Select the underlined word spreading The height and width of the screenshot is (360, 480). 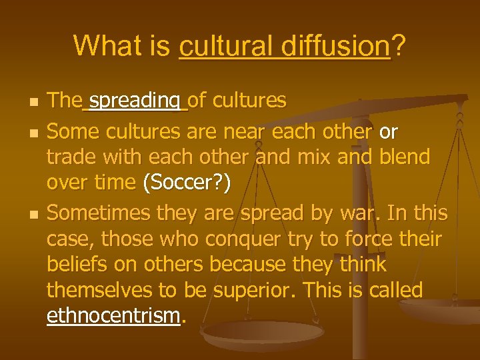(135, 101)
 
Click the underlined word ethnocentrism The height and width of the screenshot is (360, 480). (113, 315)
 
